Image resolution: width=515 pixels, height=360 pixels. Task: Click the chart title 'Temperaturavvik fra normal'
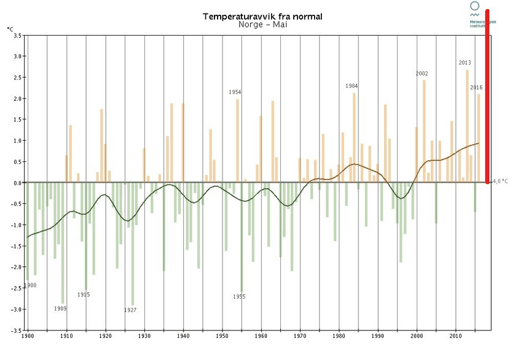[262, 17]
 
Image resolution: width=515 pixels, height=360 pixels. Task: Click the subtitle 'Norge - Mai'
[262, 25]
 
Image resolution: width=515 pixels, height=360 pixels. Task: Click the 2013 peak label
[465, 63]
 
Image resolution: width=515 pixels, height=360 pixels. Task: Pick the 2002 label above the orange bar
[422, 74]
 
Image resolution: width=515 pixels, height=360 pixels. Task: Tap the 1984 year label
[352, 86]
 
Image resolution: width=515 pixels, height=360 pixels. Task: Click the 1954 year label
[235, 92]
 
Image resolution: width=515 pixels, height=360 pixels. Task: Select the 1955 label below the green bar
[239, 297]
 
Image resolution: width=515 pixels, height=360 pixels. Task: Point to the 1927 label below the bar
[130, 310]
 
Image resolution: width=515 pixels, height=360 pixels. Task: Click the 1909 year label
[60, 308]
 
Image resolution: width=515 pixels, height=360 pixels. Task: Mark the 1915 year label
[84, 295]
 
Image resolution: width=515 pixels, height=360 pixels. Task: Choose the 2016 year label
[476, 87]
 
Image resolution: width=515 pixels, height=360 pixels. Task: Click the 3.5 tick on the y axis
[17, 35]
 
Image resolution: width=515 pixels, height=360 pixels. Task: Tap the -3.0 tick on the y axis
[16, 309]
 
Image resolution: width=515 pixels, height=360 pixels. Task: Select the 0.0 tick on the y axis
[17, 182]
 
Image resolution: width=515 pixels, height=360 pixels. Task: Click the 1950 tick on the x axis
[222, 337]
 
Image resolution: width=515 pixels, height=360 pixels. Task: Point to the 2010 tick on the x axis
[456, 337]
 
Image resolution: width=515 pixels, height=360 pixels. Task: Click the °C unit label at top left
[10, 28]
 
